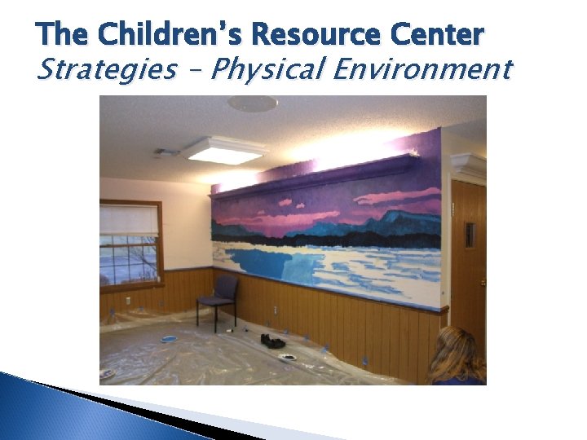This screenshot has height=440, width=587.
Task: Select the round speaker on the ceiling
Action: [252, 103]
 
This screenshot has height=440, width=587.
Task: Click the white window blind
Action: [128, 219]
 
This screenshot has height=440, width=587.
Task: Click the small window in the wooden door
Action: [470, 234]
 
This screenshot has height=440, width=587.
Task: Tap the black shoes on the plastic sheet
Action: [273, 340]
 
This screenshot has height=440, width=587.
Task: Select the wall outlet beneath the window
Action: [127, 302]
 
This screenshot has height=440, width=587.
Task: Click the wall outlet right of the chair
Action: [275, 310]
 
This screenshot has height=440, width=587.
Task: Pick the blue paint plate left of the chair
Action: [169, 338]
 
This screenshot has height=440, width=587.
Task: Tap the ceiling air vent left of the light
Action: [166, 152]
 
